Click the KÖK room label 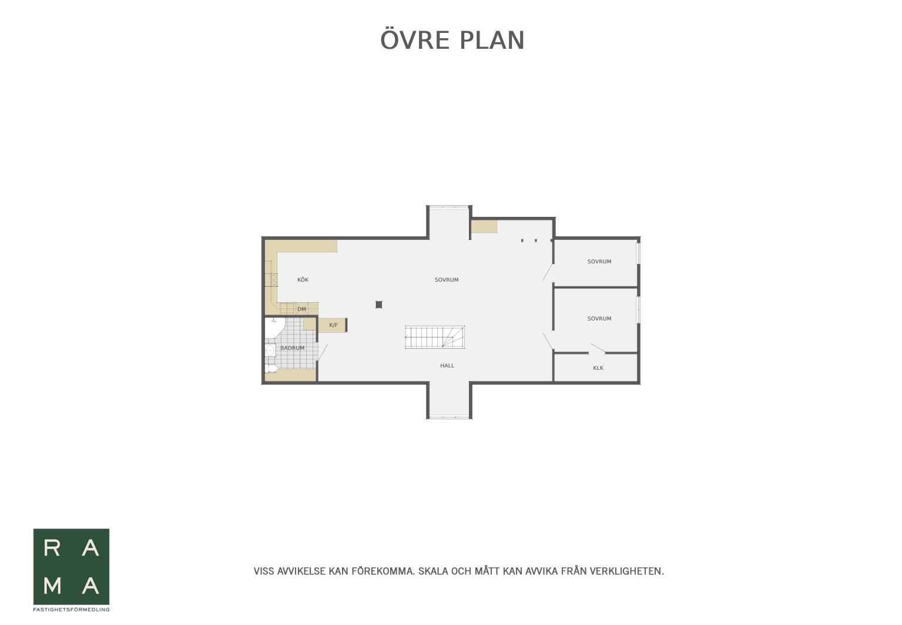(303, 280)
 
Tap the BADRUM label (293, 347)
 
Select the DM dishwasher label (301, 309)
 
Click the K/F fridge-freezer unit (333, 325)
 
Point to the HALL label (447, 366)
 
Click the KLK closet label (598, 368)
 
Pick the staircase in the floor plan (435, 337)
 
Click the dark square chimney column (378, 305)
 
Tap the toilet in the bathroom (271, 368)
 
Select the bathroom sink (270, 350)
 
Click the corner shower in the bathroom (274, 328)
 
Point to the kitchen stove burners (274, 280)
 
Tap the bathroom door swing (323, 353)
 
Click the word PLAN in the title (492, 41)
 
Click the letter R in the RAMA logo (52, 548)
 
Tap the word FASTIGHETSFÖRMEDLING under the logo (71, 610)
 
